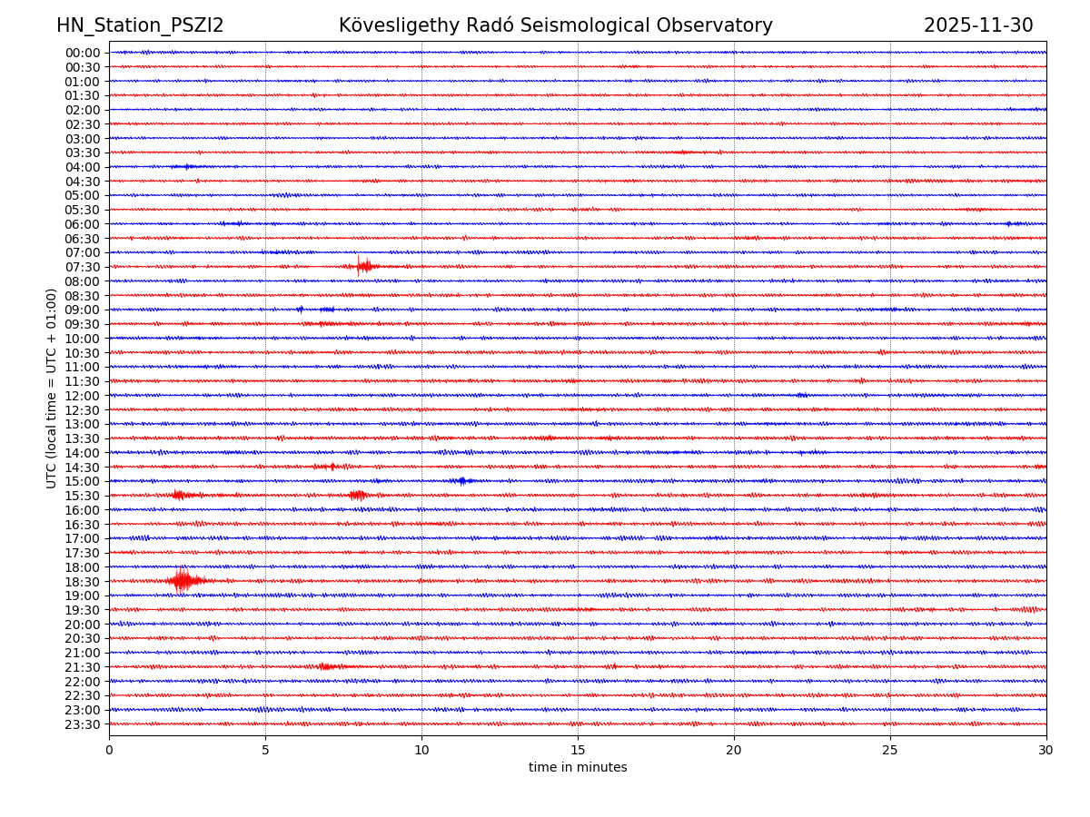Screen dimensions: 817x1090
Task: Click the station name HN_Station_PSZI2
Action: click(x=140, y=25)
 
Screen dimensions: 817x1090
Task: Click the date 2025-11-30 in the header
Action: click(x=978, y=25)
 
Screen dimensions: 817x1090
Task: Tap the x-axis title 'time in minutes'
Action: click(x=578, y=768)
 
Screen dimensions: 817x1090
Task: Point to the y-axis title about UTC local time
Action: click(x=52, y=388)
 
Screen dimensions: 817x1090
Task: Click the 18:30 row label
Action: click(x=83, y=581)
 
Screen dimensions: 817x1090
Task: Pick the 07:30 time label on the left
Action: click(x=83, y=267)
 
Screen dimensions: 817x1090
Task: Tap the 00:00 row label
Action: click(x=83, y=53)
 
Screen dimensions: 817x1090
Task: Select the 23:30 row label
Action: click(x=83, y=724)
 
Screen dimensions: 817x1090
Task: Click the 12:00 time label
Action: click(x=83, y=396)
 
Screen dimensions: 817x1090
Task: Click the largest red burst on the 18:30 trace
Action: click(x=183, y=580)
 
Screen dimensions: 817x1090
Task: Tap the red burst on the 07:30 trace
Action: click(x=363, y=266)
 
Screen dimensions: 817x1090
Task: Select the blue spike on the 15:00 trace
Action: click(x=462, y=480)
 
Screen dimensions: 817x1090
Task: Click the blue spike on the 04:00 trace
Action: click(x=187, y=166)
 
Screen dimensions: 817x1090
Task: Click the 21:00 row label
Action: click(x=83, y=653)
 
